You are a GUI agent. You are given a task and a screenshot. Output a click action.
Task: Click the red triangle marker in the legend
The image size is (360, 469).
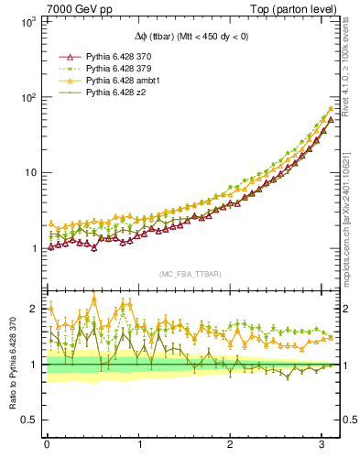[x=70, y=57]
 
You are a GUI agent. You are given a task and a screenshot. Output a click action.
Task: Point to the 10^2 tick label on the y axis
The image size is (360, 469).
[x=27, y=97]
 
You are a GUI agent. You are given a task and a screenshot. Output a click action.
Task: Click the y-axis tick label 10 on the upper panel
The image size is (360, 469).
[x=29, y=173]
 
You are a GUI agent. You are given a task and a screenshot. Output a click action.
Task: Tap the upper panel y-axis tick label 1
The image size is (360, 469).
[x=33, y=248]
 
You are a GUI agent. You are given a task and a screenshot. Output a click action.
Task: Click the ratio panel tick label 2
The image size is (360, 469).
[x=34, y=310]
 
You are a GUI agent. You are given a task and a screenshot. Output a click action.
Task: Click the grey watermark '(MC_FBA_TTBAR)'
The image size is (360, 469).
[x=190, y=275]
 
